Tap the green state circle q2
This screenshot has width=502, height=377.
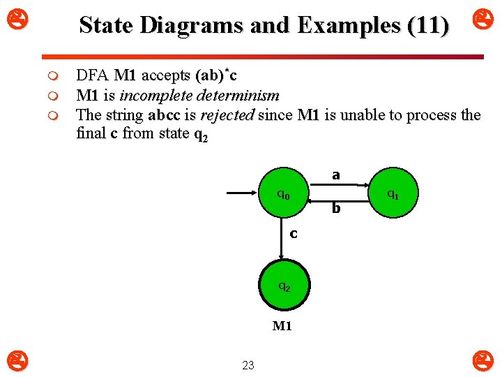point(282,286)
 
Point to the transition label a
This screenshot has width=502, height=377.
point(336,175)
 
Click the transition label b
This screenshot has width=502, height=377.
point(336,208)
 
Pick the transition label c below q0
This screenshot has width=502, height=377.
point(294,233)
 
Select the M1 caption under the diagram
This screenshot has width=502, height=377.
point(282,326)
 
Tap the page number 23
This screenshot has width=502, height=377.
point(248,364)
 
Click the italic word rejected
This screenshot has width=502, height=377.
point(227,114)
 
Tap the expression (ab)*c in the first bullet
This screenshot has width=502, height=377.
point(220,75)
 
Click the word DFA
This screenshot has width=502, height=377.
point(93,75)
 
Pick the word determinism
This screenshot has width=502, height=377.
point(238,95)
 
